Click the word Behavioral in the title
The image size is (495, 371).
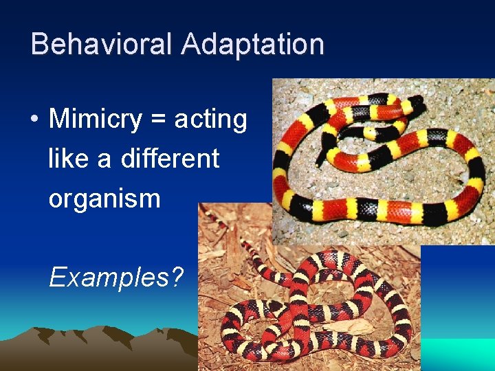[102, 44]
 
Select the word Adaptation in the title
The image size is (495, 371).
[252, 44]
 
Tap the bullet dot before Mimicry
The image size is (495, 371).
[34, 120]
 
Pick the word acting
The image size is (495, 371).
[210, 120]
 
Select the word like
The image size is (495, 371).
[69, 159]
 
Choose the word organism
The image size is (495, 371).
[104, 199]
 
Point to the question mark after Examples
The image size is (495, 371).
[177, 278]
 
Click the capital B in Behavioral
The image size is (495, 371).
[40, 44]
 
